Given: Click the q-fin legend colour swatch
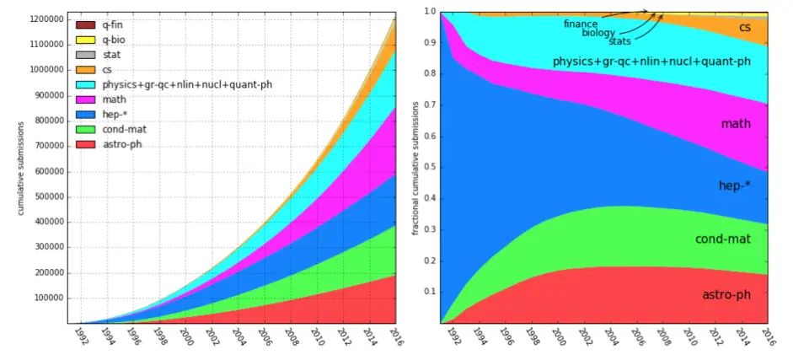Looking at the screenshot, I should pos(85,25).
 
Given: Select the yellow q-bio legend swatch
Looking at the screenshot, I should pos(85,40).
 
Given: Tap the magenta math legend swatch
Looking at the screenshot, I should pos(85,99).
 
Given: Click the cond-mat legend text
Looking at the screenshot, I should pos(124,130).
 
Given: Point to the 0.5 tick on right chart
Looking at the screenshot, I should pos(430,167).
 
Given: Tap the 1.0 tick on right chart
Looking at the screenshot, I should pos(430,12).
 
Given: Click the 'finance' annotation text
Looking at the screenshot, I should pos(581,24).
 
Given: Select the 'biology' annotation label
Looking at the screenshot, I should pos(598,33).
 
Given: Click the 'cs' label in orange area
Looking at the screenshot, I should pos(745,28).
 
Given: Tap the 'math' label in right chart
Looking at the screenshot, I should pos(735,124).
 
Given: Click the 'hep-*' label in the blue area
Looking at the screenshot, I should pos(734,186).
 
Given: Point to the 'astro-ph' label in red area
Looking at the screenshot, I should pos(726,295).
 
